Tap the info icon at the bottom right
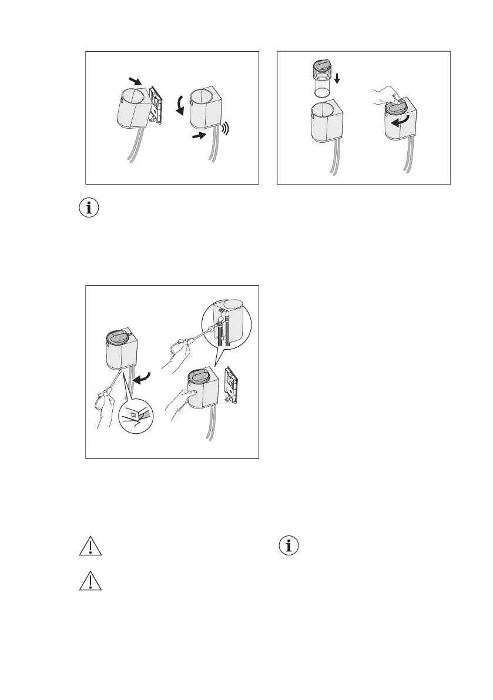pyautogui.click(x=289, y=546)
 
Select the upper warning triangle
pyautogui.click(x=90, y=546)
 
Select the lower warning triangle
pyautogui.click(x=90, y=581)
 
